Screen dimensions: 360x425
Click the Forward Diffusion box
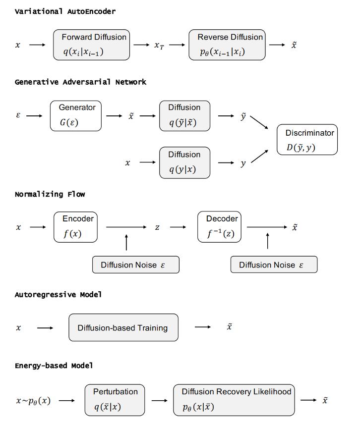91,45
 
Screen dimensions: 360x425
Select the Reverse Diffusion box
227,45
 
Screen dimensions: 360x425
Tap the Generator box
76,116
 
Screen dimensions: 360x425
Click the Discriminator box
307,140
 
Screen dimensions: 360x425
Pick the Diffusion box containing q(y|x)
185,162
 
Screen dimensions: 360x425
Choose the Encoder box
75,227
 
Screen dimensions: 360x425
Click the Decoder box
220,227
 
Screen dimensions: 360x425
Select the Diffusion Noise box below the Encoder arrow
136,265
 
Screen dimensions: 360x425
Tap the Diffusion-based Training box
123,327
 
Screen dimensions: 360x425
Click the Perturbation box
115,400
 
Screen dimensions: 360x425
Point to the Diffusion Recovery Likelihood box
234,400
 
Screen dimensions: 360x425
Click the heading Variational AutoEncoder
65,11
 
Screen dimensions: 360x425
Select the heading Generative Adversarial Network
80,82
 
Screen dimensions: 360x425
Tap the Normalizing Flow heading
50,194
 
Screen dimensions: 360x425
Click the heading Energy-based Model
54,366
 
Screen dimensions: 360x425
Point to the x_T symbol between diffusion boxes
159,46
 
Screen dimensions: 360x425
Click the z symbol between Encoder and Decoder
157,227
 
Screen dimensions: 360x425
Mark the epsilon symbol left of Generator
18,115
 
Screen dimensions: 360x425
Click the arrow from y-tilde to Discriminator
259,122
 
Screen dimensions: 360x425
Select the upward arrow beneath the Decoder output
267,241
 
